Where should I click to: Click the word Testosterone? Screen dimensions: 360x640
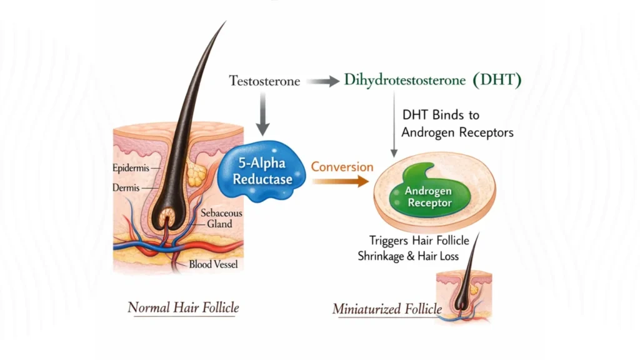[x=264, y=81]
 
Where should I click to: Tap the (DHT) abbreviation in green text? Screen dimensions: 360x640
[x=497, y=81]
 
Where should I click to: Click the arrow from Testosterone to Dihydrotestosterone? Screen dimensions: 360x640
[x=322, y=81]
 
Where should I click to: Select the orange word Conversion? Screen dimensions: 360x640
[x=342, y=167]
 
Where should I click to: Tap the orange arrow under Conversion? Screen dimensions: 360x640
[x=341, y=182]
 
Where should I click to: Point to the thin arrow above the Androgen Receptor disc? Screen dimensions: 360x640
[x=394, y=125]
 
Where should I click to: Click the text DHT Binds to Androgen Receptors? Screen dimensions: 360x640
[x=449, y=124]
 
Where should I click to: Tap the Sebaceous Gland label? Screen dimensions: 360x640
[x=221, y=219]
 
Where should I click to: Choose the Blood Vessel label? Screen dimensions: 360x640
[x=213, y=264]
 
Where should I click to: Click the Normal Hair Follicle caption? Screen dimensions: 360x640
[x=183, y=307]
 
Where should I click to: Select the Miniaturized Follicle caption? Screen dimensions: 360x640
[x=387, y=309]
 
